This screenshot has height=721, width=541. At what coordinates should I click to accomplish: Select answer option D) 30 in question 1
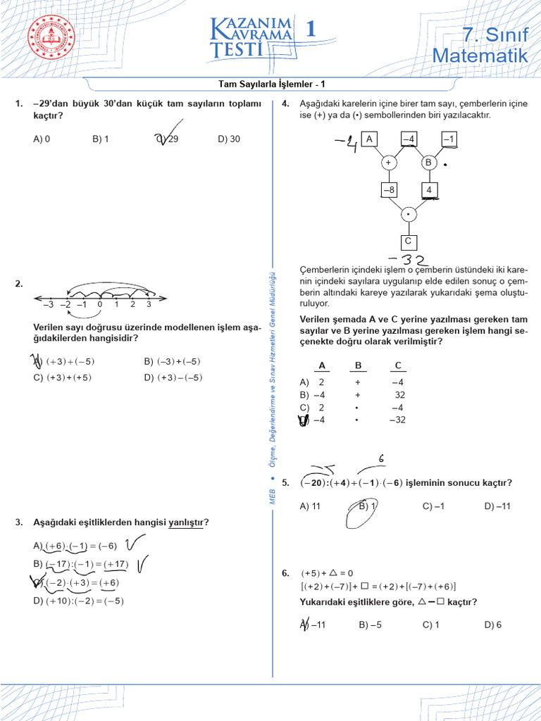229,139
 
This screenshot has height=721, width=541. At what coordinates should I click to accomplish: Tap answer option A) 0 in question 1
42,139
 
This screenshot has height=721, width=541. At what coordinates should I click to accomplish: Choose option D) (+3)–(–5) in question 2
173,377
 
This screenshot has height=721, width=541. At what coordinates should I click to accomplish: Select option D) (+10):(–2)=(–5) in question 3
79,601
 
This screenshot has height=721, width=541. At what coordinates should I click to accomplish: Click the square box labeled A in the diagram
369,139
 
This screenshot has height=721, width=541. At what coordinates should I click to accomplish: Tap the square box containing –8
390,190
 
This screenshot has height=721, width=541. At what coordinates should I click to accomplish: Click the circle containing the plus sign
388,163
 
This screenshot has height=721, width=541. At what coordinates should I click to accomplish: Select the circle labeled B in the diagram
428,163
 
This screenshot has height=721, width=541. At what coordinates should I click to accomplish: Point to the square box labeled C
408,242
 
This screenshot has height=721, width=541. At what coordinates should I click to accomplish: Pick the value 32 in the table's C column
399,394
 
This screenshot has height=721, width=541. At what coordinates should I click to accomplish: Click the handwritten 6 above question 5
381,458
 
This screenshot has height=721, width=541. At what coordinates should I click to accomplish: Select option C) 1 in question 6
431,624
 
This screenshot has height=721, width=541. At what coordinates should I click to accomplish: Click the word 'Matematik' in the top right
480,55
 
